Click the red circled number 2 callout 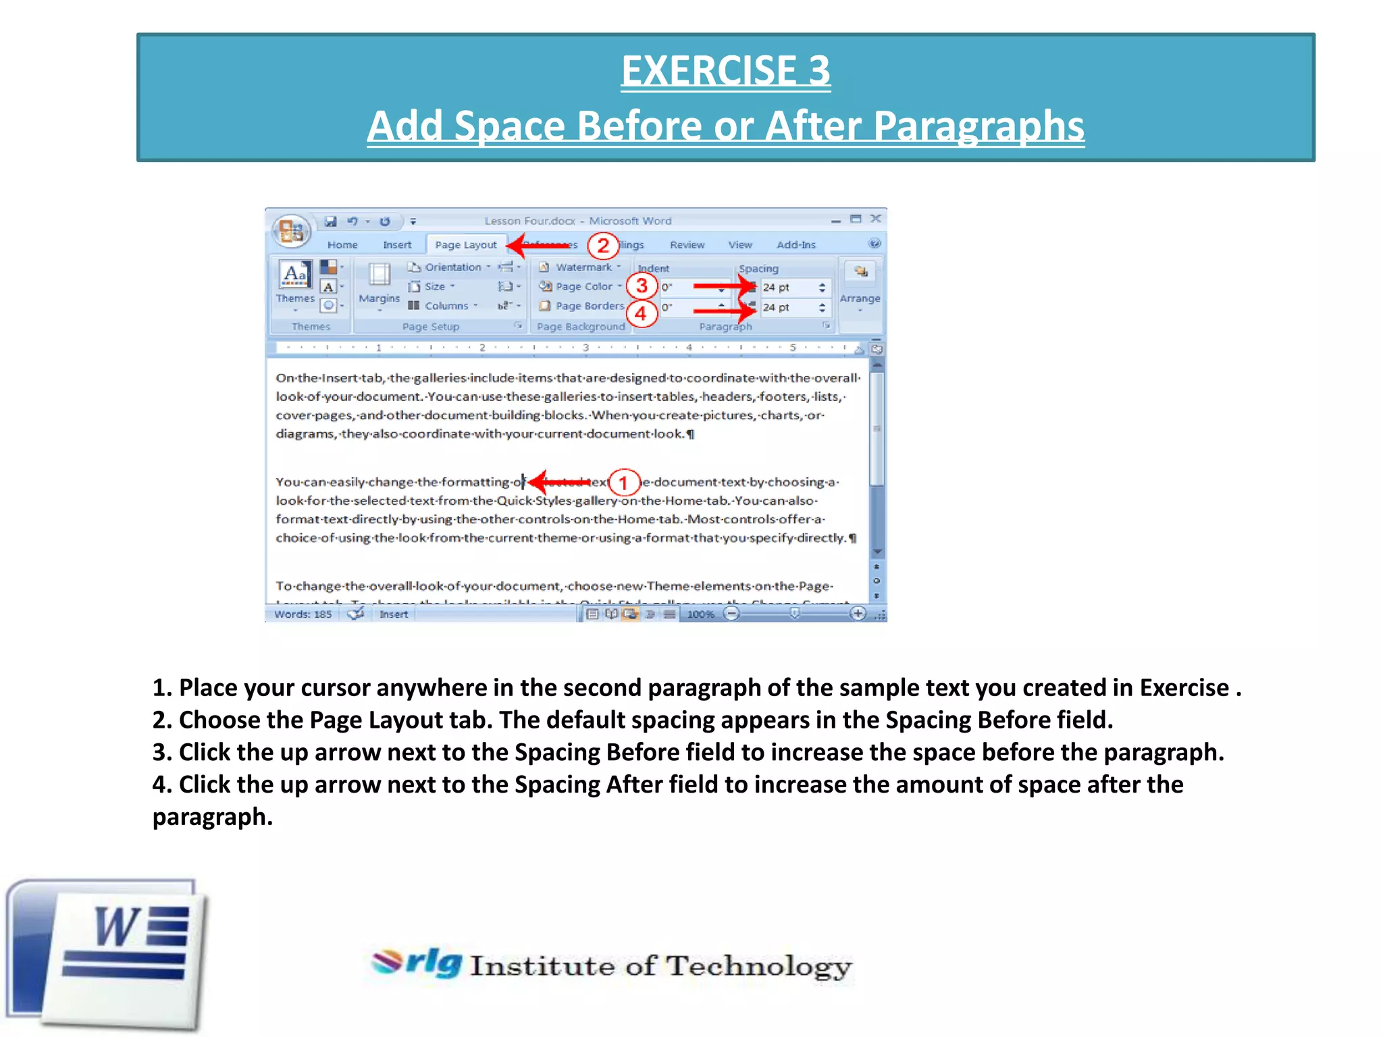[603, 246]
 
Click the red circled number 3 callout [642, 286]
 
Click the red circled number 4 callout [641, 313]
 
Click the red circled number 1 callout [623, 483]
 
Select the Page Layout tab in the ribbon [465, 245]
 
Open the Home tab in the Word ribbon [342, 245]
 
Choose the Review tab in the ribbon [687, 245]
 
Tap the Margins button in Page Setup [379, 283]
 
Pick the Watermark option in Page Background [583, 267]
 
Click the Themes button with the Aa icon [295, 282]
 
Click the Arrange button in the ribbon [860, 284]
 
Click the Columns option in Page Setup [446, 306]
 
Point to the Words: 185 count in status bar [303, 614]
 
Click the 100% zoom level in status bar [700, 614]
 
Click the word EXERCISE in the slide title [708, 71]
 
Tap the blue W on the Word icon [118, 928]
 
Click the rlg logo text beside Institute [432, 962]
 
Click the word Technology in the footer [759, 967]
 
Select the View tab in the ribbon [740, 245]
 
